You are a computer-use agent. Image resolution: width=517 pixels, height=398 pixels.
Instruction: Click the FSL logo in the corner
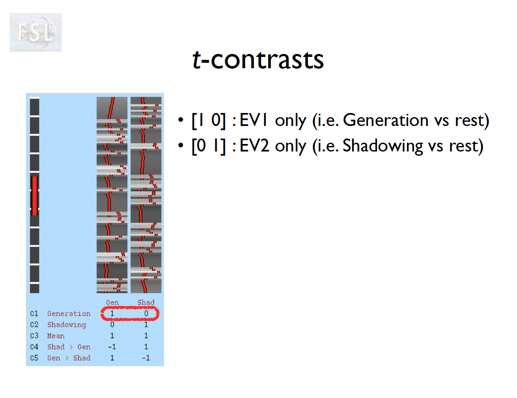click(x=36, y=33)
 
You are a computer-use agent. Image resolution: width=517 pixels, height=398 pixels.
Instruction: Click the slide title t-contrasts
click(x=258, y=60)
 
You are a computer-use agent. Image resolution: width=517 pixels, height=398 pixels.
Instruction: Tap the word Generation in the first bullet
click(x=385, y=121)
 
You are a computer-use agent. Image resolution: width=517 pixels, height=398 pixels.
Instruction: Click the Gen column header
click(x=112, y=302)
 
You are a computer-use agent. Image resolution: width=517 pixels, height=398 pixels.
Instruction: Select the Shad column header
click(x=146, y=302)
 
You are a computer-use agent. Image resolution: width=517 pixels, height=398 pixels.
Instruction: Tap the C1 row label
click(x=34, y=313)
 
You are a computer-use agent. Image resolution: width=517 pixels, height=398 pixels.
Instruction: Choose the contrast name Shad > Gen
click(x=69, y=347)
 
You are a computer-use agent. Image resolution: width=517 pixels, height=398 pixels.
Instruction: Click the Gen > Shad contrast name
click(x=69, y=358)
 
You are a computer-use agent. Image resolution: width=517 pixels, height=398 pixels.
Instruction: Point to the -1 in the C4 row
click(x=111, y=347)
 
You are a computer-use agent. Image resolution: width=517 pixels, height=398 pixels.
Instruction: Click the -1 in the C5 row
click(x=145, y=358)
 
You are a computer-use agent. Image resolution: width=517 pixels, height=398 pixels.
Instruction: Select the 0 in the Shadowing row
click(x=112, y=324)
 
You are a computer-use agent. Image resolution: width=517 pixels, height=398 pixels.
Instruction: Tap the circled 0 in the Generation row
click(x=146, y=313)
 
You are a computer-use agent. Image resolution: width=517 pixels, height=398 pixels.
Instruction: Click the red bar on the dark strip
click(x=34, y=196)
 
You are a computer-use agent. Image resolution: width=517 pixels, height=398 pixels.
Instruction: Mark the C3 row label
click(x=34, y=336)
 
